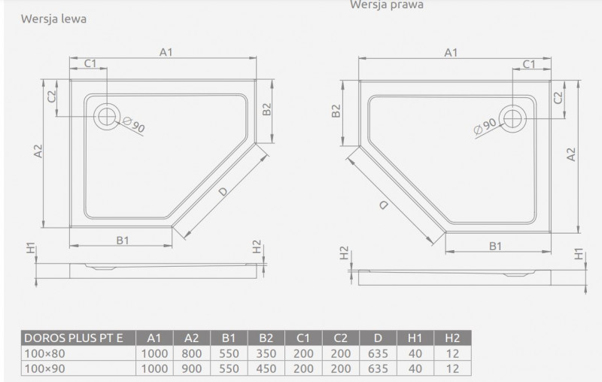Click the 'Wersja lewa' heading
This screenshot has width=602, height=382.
click(53, 19)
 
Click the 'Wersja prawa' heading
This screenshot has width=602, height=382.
click(386, 5)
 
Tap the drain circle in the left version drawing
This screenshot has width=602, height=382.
click(106, 116)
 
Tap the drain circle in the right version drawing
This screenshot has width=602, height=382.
click(514, 117)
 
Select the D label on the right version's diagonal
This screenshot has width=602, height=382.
click(384, 205)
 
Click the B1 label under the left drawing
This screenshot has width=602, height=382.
click(123, 240)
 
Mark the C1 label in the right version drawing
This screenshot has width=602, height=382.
click(528, 64)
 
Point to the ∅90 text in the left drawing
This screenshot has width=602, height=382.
click(134, 124)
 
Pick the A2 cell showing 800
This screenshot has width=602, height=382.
click(192, 353)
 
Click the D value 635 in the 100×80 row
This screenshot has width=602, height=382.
click(379, 353)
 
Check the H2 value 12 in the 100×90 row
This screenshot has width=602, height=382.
click(453, 368)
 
